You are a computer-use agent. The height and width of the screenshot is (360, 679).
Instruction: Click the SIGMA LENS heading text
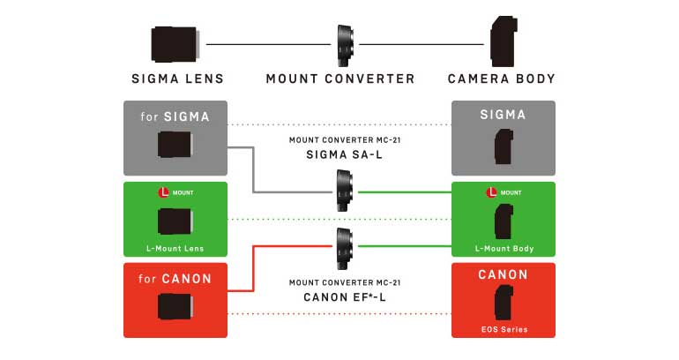click(177, 79)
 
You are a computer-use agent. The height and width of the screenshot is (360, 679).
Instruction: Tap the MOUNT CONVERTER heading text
click(340, 79)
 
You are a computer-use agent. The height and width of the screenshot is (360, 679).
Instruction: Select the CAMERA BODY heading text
click(502, 79)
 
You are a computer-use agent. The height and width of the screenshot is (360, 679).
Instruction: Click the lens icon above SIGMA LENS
click(175, 44)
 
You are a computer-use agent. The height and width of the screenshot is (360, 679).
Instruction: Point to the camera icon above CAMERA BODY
click(504, 41)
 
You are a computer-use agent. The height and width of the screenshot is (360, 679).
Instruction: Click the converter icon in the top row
click(345, 45)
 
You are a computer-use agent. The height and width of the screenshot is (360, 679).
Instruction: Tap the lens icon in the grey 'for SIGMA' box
click(175, 144)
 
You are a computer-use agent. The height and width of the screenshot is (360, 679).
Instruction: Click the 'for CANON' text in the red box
click(175, 279)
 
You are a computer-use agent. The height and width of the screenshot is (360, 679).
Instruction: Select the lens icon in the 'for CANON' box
click(175, 306)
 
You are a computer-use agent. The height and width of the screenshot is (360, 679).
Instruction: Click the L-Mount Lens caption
click(175, 249)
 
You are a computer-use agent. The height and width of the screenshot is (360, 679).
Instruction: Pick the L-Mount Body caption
click(504, 249)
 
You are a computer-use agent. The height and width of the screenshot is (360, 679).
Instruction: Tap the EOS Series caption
click(504, 329)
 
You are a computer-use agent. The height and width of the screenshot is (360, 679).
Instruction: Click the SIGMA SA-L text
click(345, 154)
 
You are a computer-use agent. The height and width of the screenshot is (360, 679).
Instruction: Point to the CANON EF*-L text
click(345, 297)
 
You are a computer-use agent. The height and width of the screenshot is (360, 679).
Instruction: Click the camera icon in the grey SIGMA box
click(504, 146)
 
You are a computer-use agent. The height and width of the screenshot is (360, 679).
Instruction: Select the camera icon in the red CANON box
click(504, 303)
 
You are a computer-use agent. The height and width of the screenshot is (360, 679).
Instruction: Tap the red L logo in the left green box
click(163, 192)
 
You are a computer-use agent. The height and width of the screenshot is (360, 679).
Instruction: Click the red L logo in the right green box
click(491, 192)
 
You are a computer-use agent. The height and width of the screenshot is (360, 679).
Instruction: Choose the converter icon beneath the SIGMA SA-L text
click(345, 191)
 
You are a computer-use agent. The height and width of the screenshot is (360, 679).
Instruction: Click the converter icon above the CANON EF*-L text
click(345, 249)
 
